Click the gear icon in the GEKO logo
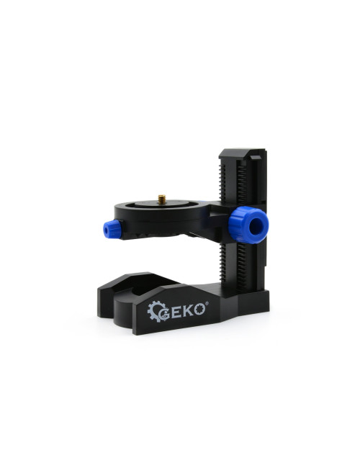click(157, 312)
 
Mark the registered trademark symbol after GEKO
click(207, 303)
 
